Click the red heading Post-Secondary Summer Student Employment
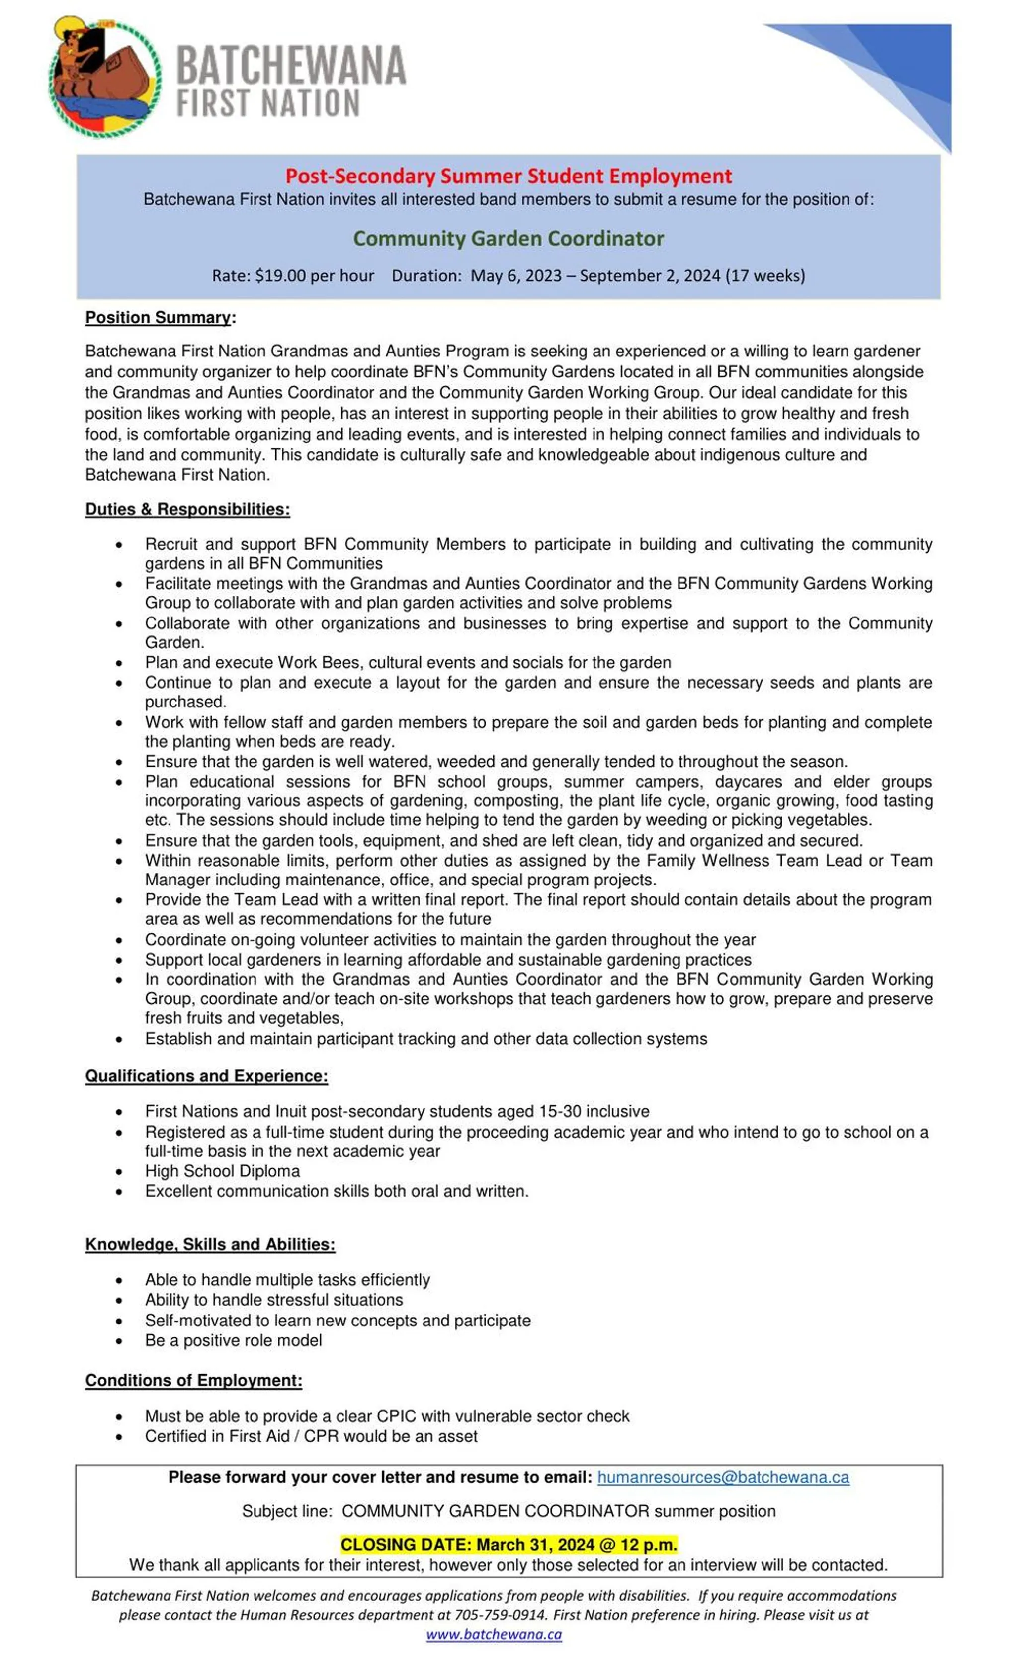pyautogui.click(x=509, y=177)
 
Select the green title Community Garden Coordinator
pyautogui.click(x=509, y=238)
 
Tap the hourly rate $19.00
pyautogui.click(x=280, y=275)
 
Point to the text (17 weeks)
pyautogui.click(x=765, y=275)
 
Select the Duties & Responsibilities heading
pyautogui.click(x=187, y=509)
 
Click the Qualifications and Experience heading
pyautogui.click(x=206, y=1076)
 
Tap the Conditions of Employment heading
pyautogui.click(x=193, y=1380)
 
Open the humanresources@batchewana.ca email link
pyautogui.click(x=723, y=1478)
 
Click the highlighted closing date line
pyautogui.click(x=509, y=1545)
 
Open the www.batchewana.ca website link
pyautogui.click(x=494, y=1634)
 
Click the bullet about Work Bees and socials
pyautogui.click(x=408, y=662)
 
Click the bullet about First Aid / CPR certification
pyautogui.click(x=311, y=1436)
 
